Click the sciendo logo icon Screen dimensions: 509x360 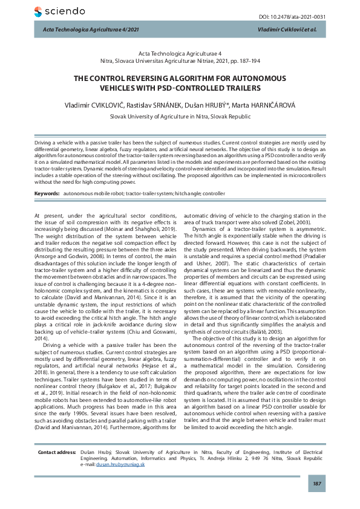[x=39, y=11]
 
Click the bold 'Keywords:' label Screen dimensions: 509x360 [x=47, y=193]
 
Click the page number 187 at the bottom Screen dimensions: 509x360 [x=316, y=484]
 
